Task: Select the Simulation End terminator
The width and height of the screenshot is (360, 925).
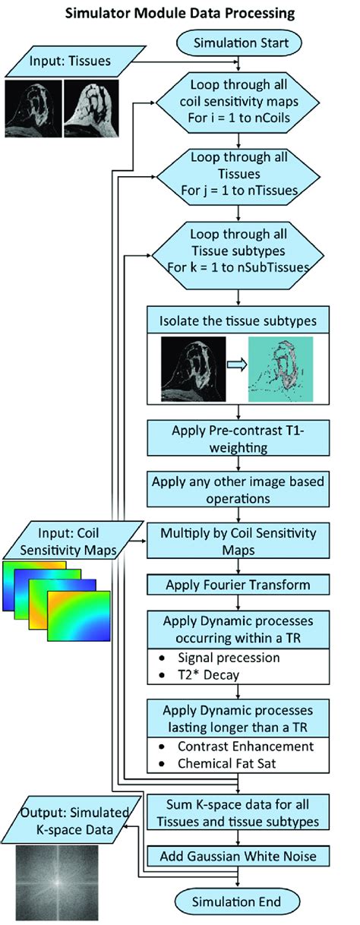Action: [x=241, y=901]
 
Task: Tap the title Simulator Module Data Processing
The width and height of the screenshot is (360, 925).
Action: [x=179, y=13]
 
